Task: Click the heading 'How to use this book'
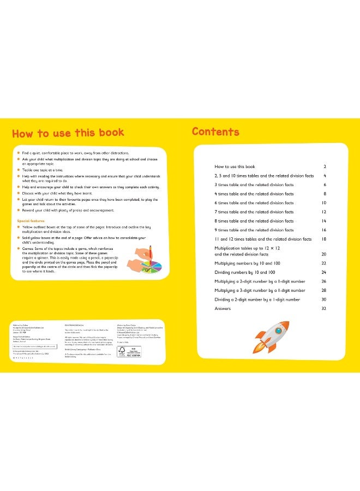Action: pos(68,133)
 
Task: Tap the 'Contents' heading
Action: pos(215,132)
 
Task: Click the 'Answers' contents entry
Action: pos(223,309)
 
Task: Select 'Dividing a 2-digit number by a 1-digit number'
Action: pos(257,300)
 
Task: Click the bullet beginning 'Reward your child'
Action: pos(68,211)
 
